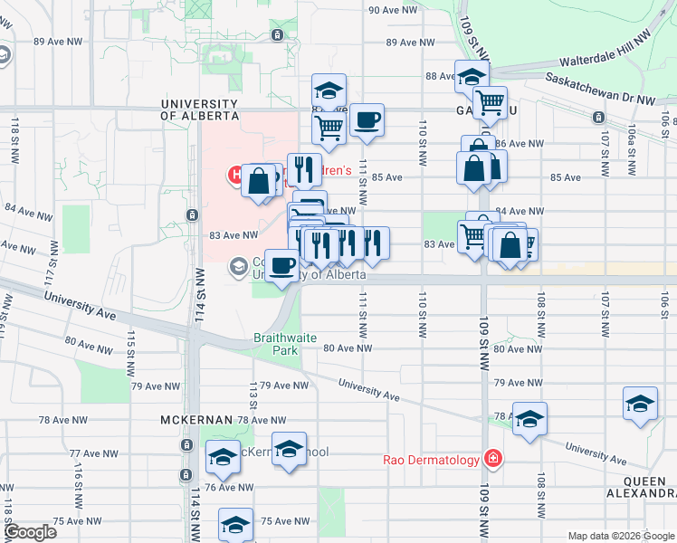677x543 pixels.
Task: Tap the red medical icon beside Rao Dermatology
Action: tap(492, 459)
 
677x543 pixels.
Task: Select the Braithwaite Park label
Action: tap(284, 343)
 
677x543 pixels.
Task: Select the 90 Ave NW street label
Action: tap(392, 11)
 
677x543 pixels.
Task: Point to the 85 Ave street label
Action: tap(387, 177)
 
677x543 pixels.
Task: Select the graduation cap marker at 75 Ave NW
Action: tap(235, 525)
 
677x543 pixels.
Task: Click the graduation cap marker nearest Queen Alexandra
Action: tap(640, 404)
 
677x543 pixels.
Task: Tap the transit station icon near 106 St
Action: tap(598, 119)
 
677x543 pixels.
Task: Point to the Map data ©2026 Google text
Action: tap(621, 536)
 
